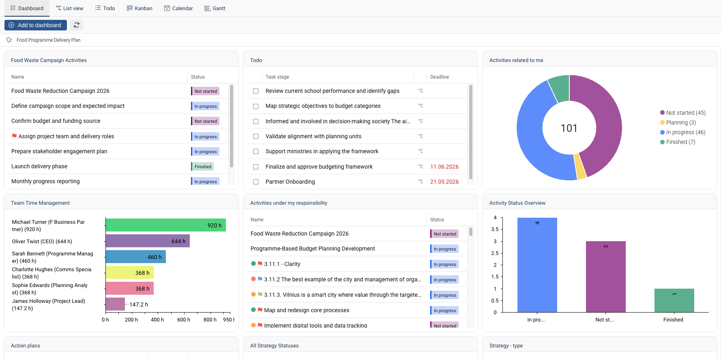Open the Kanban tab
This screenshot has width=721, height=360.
coord(139,8)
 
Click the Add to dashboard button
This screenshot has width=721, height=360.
coord(36,25)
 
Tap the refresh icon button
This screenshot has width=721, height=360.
coord(77,25)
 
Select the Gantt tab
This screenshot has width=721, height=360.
coord(215,8)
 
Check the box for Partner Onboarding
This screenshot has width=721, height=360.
coord(256,182)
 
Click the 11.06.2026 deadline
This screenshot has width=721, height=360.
coord(444,167)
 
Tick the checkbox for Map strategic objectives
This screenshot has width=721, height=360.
coord(256,106)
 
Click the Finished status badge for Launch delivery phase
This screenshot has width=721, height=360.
coord(203,167)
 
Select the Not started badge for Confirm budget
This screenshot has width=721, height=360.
coord(205,121)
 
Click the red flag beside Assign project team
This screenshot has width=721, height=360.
coord(14,136)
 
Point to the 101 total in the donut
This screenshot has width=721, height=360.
coord(569,128)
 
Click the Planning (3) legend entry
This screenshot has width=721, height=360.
coord(678,122)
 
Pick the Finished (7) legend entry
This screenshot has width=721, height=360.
coord(678,142)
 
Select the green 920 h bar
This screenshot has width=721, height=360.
coord(165,225)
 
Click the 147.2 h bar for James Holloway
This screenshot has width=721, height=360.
coord(115,304)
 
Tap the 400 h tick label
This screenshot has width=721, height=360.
coord(157,320)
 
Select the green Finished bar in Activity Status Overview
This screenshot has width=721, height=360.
coord(674,300)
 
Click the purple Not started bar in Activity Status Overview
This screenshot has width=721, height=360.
coord(605,277)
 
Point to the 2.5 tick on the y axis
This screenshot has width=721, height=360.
coord(495,253)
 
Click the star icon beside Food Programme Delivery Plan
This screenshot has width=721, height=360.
coord(9,40)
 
